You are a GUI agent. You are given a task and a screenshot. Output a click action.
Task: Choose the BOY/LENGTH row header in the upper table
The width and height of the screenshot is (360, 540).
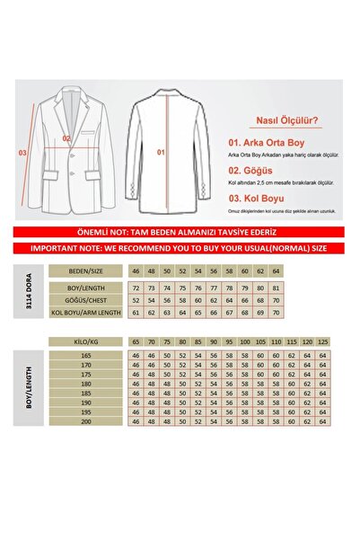click(87, 288)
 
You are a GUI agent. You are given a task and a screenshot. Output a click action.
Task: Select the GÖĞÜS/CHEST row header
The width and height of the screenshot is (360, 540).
click(87, 299)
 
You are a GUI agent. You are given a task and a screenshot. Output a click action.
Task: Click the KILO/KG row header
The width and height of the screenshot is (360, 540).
click(87, 342)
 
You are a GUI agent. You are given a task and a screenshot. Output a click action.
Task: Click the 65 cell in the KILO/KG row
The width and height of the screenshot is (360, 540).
click(136, 342)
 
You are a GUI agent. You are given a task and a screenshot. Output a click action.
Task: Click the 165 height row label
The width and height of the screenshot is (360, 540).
click(87, 357)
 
